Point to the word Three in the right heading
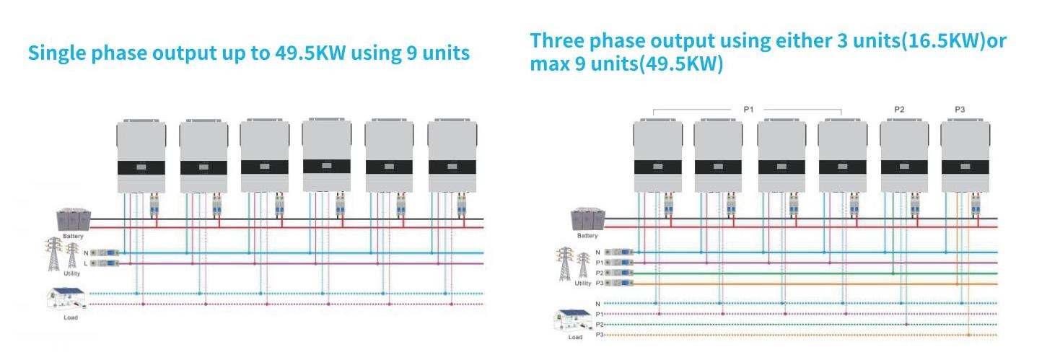point(558,40)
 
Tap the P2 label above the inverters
point(899,109)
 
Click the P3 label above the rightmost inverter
point(960,109)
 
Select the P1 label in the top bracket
point(748,109)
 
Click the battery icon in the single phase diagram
point(74,219)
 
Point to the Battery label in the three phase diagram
point(587,236)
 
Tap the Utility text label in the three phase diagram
point(582,284)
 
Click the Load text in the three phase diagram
point(575,337)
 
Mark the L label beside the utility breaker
point(86,264)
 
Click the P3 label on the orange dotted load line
point(599,335)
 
